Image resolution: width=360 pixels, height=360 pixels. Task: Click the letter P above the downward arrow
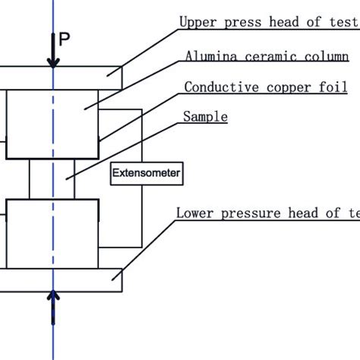tap(66, 40)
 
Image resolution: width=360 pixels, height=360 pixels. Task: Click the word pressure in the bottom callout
tap(246, 213)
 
